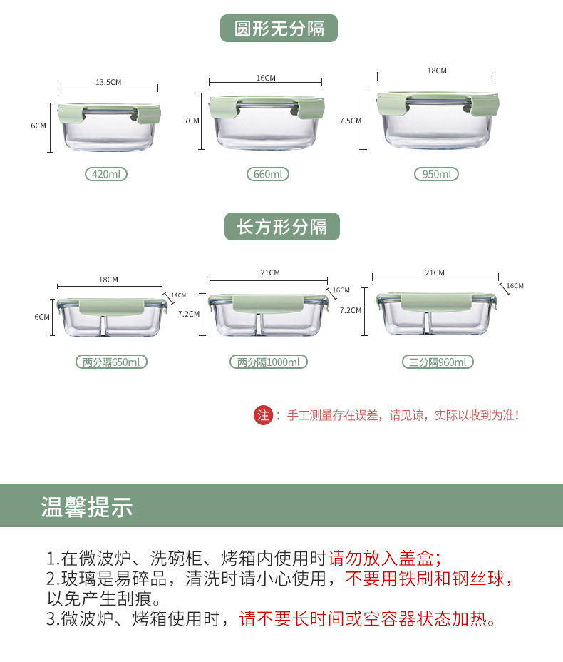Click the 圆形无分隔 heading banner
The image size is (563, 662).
[x=279, y=29]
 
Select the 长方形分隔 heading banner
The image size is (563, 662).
[x=281, y=227]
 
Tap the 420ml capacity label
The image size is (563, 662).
[x=105, y=174]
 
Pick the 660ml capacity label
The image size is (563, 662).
[x=268, y=174]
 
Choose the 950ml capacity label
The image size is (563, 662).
[x=436, y=174]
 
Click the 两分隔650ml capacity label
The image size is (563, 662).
[x=111, y=362]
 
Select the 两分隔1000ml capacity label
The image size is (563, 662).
[x=269, y=362]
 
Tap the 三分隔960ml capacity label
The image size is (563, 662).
[x=438, y=362]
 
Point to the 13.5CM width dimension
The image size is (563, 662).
[x=108, y=82]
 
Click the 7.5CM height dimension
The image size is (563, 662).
[x=351, y=121]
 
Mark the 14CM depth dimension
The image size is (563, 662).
[x=178, y=295]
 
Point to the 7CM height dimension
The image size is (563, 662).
[x=192, y=121]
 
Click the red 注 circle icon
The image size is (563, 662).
[x=264, y=415]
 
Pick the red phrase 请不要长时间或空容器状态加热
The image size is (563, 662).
[x=367, y=618]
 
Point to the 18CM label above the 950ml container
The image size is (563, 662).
[x=437, y=71]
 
